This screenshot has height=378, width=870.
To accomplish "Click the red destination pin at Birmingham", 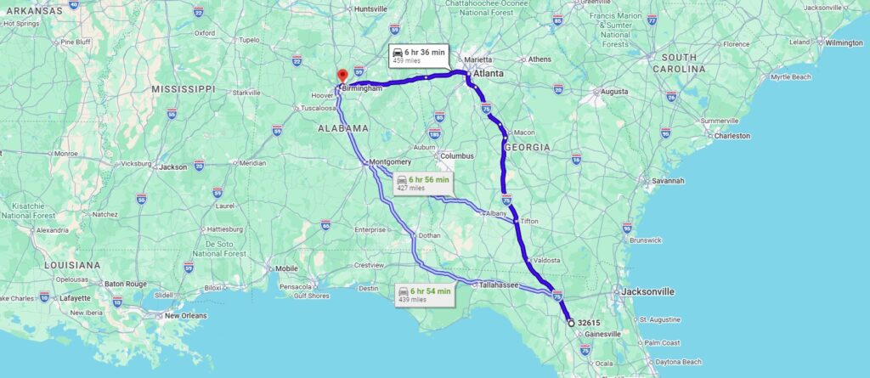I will [x=342, y=76].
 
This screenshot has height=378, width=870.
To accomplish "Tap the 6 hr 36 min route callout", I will [x=418, y=54].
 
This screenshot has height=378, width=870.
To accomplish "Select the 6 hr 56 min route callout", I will [x=422, y=183].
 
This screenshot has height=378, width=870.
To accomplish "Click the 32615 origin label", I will [x=589, y=323].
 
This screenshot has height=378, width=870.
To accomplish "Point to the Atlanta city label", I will [x=488, y=74].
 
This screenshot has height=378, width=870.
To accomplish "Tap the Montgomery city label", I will [x=391, y=161].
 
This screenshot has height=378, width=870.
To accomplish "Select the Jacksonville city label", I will [x=647, y=291].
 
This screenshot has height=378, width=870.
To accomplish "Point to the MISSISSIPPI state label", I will [x=183, y=88].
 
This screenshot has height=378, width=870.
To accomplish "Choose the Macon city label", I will [x=524, y=132].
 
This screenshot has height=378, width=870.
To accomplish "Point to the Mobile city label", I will [x=287, y=268].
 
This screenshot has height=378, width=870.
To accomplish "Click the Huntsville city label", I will [x=370, y=9].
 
